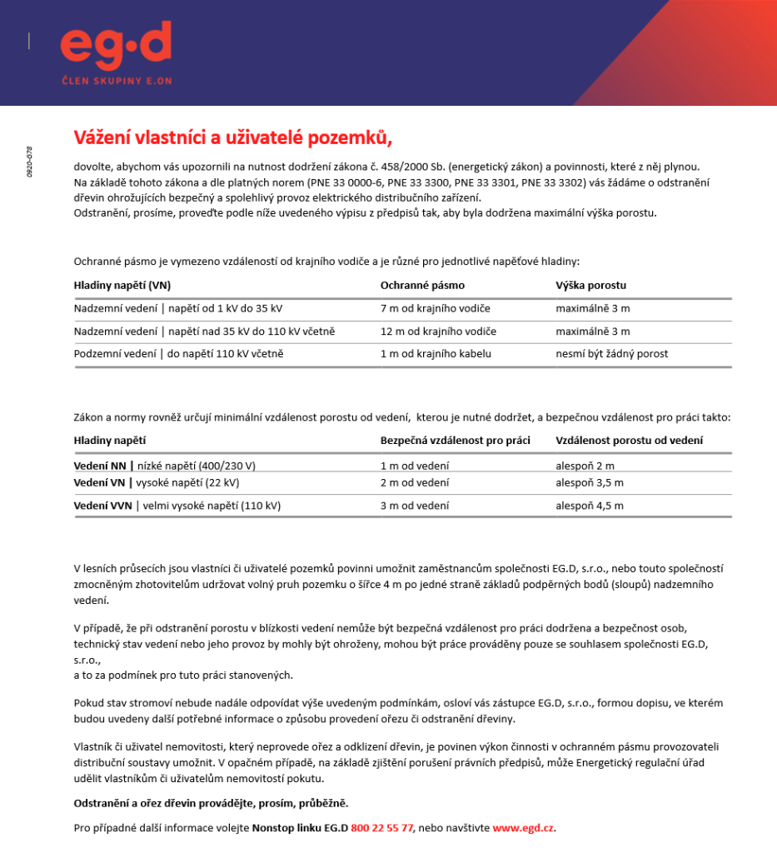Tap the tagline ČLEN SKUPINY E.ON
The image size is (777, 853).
coord(116,81)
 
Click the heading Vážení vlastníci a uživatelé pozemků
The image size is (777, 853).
coord(232,137)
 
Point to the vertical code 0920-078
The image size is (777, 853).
coord(30,162)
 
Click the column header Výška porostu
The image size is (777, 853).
coord(590,286)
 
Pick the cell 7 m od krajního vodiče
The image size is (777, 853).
coord(435,309)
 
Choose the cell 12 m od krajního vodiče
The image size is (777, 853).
coord(438,332)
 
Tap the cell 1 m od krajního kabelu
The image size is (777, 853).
coord(436,354)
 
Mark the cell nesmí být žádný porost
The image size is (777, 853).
coord(611,354)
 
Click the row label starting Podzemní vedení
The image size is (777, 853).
coord(178,354)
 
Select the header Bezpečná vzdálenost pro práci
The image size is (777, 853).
coord(455,441)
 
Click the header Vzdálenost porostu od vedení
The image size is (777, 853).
coord(629,441)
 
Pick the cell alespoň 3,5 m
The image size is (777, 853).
coord(589,482)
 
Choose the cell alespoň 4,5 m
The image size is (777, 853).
coord(589,506)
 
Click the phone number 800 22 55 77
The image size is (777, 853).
coord(381,828)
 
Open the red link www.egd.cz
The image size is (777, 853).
coord(523,828)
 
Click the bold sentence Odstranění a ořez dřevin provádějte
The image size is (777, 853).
coord(211,803)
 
